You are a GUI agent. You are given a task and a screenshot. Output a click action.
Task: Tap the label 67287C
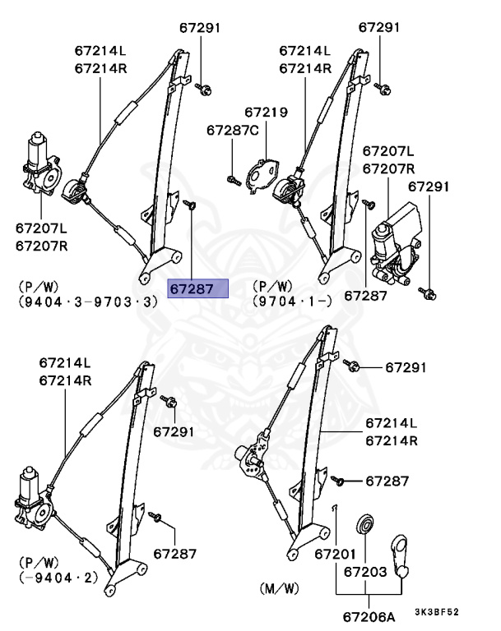coord(232,130)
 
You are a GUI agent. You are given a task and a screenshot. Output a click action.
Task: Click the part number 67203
coord(365,570)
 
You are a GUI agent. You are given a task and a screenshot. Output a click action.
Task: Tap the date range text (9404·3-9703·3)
coord(87,302)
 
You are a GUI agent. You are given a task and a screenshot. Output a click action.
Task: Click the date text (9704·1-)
coord(292,302)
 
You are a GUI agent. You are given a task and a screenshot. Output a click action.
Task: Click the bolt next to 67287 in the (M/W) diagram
coord(338,478)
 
